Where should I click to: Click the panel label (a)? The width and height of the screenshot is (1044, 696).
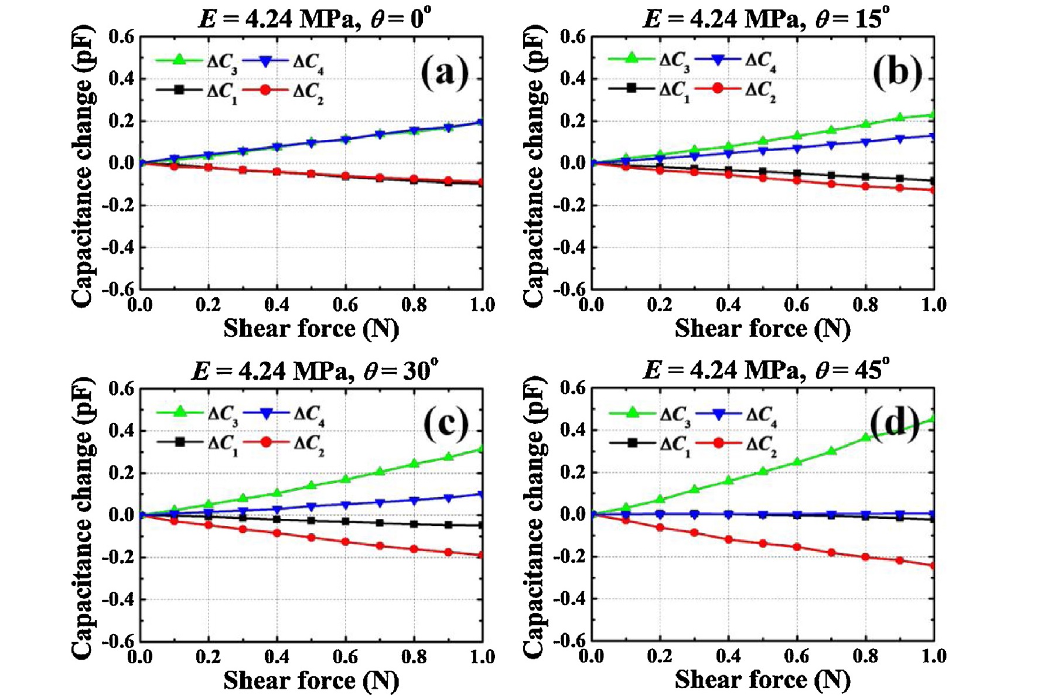[445, 74]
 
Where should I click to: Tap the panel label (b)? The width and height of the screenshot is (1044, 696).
[897, 74]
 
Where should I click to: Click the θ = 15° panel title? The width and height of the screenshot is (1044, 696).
[766, 19]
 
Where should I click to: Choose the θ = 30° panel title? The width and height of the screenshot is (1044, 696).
[315, 370]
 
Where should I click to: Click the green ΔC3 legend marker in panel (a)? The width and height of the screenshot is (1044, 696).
[179, 59]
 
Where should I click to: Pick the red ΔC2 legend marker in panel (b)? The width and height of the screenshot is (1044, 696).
[718, 88]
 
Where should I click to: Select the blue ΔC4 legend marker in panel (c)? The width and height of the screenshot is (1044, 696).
[267, 414]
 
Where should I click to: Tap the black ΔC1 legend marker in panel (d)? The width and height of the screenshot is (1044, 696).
[632, 443]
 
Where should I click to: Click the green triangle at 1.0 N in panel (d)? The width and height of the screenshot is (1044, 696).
[933, 418]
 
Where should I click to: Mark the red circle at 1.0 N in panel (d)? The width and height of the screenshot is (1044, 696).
[933, 565]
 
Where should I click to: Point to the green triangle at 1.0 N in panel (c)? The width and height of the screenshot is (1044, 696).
[482, 449]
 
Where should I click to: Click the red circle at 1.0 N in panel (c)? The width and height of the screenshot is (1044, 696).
[482, 555]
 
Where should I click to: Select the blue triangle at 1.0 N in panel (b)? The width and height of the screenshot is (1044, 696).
[933, 137]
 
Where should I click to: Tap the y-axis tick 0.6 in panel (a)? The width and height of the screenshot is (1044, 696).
[121, 37]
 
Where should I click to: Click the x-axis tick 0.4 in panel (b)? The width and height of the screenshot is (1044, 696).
[728, 305]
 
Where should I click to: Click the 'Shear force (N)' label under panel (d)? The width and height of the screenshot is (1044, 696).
[762, 680]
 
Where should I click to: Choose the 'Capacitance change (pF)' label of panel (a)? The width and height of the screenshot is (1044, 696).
[82, 165]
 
